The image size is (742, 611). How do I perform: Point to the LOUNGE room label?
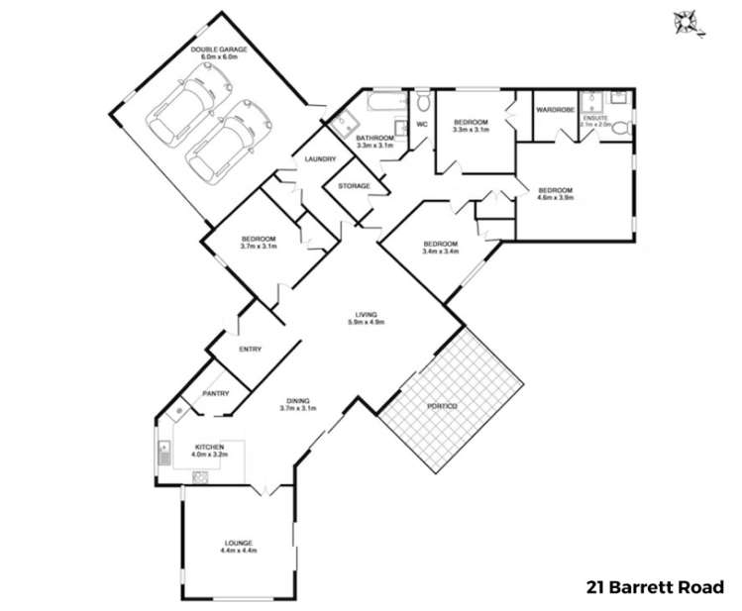coord(238,543)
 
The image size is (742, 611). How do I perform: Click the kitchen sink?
coord(163,456)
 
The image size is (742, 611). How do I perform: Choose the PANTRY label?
coord(216,394)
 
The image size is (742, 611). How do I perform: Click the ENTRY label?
coord(250,349)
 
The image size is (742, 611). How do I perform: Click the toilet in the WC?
coord(423,102)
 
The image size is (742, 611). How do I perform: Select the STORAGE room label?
coord(354,186)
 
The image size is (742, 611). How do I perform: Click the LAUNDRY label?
coord(320,159)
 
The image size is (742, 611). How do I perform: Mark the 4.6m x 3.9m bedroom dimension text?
coord(555,196)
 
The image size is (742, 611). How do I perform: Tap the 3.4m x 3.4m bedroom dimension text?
coord(440,252)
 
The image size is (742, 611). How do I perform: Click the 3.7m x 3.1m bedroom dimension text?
coord(258,247)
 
